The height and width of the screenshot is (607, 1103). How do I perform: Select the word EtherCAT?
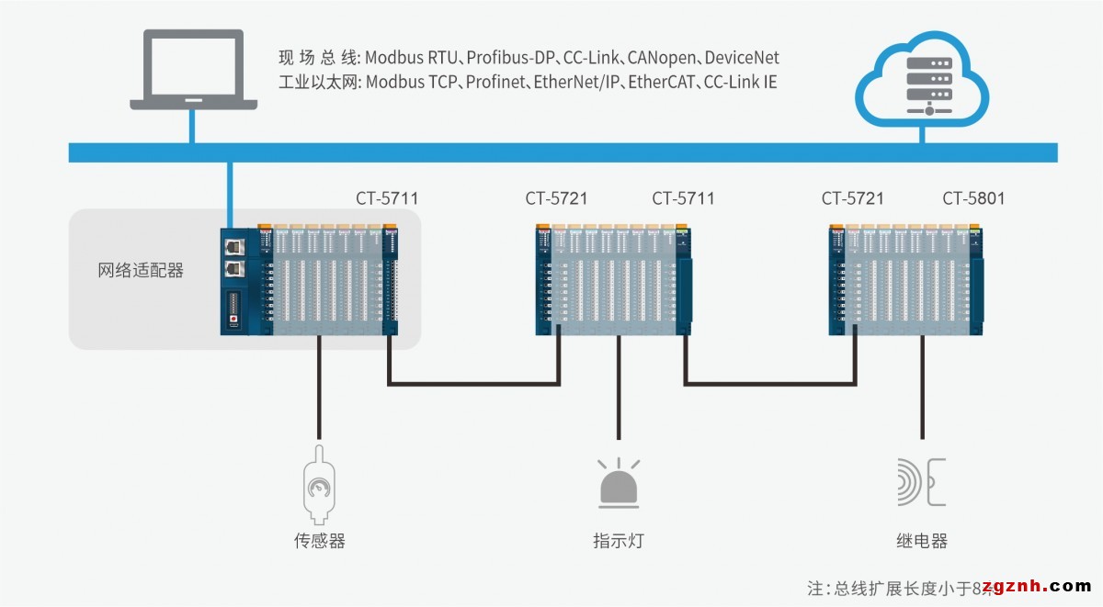click(663, 83)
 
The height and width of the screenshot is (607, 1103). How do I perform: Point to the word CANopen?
click(660, 58)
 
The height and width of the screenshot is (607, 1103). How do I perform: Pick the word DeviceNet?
click(742, 58)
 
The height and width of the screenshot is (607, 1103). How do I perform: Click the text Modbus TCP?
click(409, 83)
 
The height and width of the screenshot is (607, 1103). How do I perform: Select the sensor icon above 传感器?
click(319, 484)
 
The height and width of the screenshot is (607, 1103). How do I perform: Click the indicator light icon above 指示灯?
click(619, 484)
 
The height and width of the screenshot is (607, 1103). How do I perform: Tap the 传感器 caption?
click(319, 541)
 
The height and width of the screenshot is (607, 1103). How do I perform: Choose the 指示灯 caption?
click(619, 541)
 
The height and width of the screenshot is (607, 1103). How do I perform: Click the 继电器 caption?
click(921, 541)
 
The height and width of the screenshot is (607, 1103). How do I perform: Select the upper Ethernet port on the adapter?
click(233, 247)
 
